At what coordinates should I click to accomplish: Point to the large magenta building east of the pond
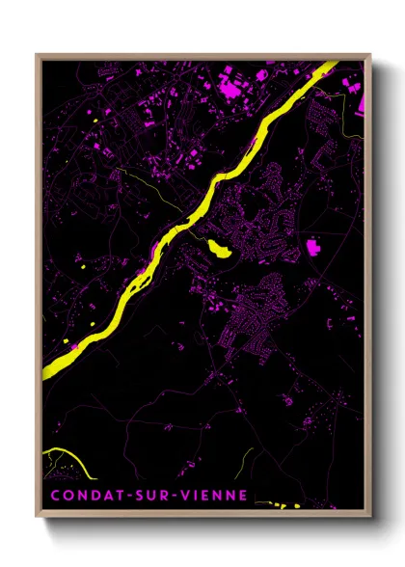[x=312, y=247]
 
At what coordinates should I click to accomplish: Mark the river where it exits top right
[x=328, y=67]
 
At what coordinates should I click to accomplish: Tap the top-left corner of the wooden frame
[x=38, y=55]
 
